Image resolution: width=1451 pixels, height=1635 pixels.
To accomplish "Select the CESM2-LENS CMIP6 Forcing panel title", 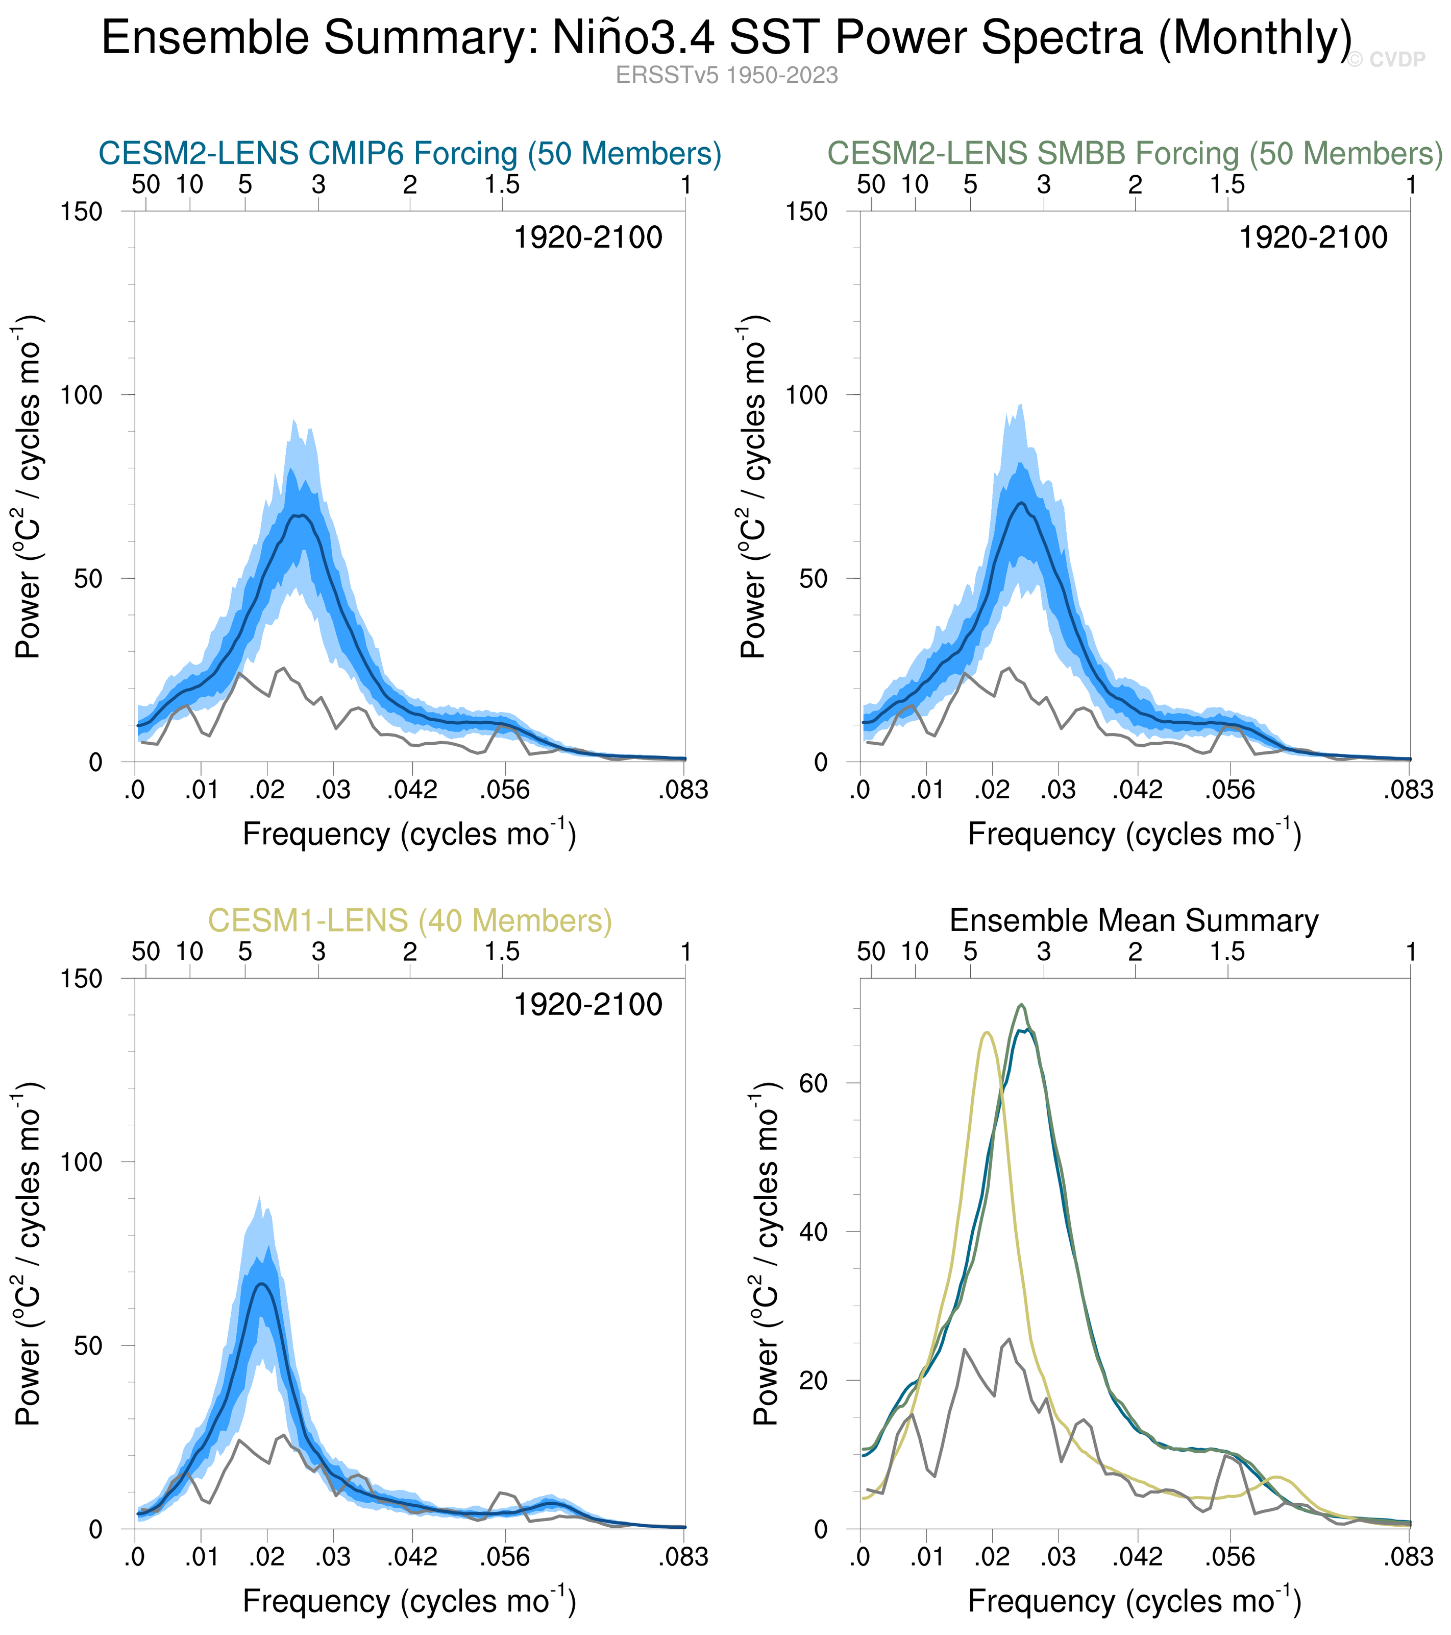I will pos(409,153).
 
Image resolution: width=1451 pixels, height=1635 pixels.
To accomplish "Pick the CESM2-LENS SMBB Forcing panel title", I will pos(1135,153).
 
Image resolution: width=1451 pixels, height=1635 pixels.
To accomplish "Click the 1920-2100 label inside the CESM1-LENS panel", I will pos(587,1005).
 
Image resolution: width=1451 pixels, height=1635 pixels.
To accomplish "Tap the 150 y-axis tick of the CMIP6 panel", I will pos(82,212).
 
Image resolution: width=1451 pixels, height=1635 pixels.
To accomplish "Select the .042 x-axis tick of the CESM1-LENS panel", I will pos(412,1557).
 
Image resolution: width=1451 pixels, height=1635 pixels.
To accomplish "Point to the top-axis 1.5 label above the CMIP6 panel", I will pos(502,185).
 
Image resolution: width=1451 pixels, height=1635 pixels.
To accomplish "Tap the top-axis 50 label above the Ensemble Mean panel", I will pos(871,952).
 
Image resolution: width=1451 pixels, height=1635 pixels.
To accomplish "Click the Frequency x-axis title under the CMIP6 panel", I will pos(409,834).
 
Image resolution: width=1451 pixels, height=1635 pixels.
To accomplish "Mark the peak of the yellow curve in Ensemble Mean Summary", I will pos(987,1033).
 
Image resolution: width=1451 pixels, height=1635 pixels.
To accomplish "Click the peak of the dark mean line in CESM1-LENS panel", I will pos(261,1284).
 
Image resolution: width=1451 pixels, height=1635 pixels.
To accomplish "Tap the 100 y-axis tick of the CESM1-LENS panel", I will pos(82,1162).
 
